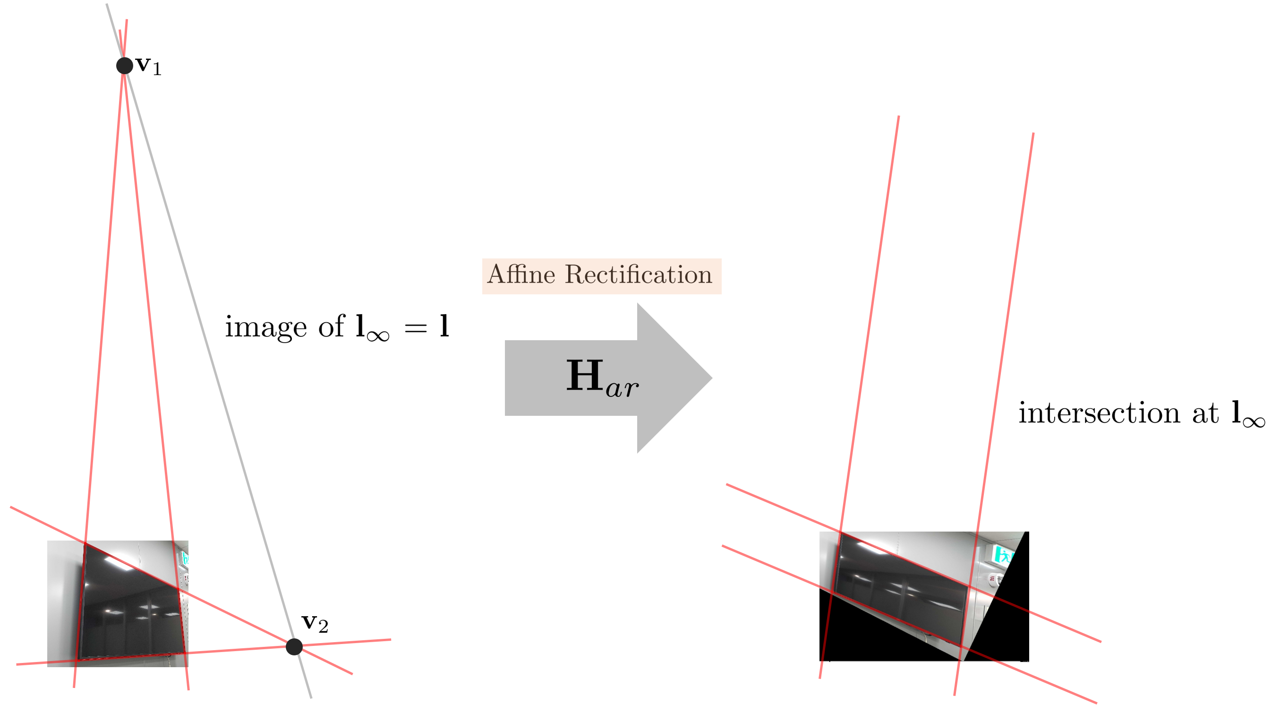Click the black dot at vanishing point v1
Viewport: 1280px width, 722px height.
tap(124, 65)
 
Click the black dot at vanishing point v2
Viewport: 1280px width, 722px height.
tap(294, 646)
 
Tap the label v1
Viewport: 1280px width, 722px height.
tap(149, 66)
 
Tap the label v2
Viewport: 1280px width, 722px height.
tap(315, 623)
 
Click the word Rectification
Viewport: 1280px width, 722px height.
tap(639, 274)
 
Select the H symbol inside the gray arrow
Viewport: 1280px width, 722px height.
tap(585, 376)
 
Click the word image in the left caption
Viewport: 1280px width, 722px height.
tap(265, 327)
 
